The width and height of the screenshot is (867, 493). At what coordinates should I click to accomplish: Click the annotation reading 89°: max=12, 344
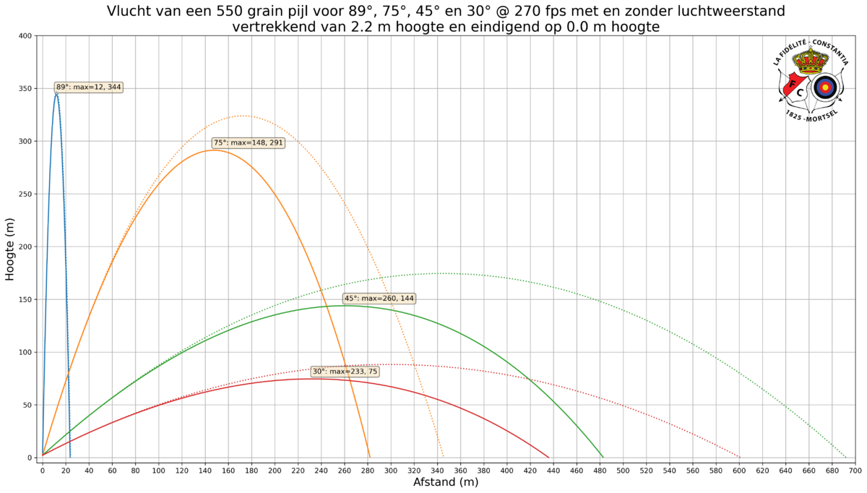point(89,87)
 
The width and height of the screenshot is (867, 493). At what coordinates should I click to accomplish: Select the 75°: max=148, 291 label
point(248,143)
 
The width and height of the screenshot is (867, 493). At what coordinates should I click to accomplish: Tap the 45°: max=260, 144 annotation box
point(379,299)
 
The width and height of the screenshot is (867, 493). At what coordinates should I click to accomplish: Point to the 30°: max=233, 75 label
point(345,372)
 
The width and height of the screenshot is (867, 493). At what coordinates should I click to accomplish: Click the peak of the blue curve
point(56,93)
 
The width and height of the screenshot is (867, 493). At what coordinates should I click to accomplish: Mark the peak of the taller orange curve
point(246,116)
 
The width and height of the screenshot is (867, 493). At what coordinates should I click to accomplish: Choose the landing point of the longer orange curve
point(443,456)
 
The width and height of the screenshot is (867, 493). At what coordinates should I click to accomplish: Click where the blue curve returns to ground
point(70,456)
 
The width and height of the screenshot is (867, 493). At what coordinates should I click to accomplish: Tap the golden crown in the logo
point(809,61)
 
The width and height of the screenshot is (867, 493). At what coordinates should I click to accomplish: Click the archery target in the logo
point(825,87)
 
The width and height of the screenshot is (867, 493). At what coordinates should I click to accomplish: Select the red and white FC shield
point(795,87)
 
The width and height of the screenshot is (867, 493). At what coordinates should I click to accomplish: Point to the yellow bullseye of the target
point(825,87)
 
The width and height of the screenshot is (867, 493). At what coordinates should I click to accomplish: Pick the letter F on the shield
point(792,83)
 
